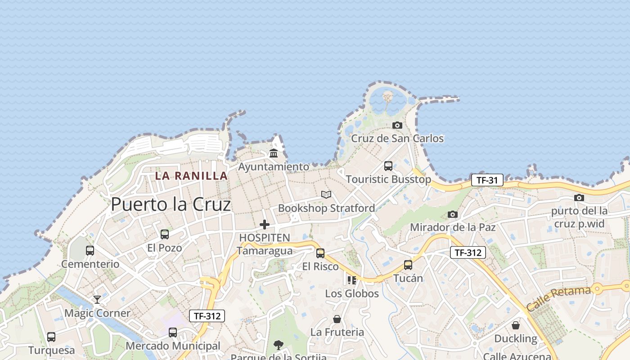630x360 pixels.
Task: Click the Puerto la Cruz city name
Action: [x=171, y=205]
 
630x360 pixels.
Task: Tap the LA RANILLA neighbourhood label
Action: [x=191, y=175]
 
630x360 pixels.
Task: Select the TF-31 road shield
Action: [x=487, y=180]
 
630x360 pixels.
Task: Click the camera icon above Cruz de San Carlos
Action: [x=397, y=125]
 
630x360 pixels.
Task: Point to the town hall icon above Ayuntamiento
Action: [x=274, y=153]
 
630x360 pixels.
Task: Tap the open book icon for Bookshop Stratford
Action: [x=326, y=194]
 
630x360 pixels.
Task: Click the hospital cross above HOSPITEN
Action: [x=265, y=224]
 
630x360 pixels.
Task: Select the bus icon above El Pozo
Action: [x=165, y=234]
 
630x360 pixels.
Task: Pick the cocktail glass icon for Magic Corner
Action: [x=97, y=299]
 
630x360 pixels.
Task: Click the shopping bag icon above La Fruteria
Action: [x=337, y=319]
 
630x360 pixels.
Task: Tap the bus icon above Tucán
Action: [x=408, y=265]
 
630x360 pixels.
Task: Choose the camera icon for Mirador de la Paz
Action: [x=453, y=214]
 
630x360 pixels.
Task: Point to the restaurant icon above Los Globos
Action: [x=352, y=280]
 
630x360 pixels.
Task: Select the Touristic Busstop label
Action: [x=388, y=179]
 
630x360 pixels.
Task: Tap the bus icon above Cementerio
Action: [x=90, y=251]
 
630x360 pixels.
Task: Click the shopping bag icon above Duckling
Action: [x=516, y=325]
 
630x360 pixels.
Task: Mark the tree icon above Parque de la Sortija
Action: [x=279, y=345]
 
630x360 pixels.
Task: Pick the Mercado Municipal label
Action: [x=173, y=346]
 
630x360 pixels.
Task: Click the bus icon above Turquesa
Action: [x=51, y=337]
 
